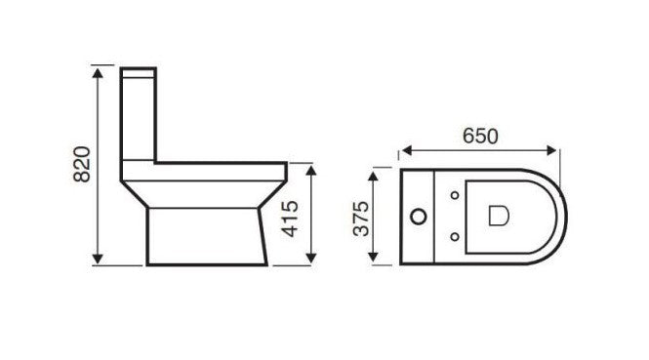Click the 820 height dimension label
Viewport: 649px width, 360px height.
coord(82,164)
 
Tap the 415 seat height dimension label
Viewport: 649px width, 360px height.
coord(290,219)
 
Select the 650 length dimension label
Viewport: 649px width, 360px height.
coord(480,137)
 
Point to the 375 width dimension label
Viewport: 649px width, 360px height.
coord(361,219)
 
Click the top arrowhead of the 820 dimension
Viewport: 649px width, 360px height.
coord(98,73)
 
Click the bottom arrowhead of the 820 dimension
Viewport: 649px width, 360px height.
coord(98,259)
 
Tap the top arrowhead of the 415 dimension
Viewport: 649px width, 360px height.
coord(311,170)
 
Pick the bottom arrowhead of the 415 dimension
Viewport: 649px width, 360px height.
coord(311,259)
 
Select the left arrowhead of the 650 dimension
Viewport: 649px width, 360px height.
coord(407,150)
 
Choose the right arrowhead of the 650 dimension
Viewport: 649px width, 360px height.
coord(551,150)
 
